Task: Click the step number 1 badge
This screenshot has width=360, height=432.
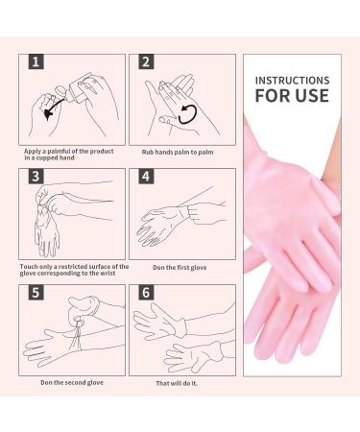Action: point(36,63)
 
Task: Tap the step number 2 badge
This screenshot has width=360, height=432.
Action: point(146,63)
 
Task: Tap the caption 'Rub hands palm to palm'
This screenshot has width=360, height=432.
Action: point(180,151)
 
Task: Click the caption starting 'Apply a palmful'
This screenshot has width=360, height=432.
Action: point(68,154)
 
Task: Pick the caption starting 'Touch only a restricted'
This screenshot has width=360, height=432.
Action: point(72,269)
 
